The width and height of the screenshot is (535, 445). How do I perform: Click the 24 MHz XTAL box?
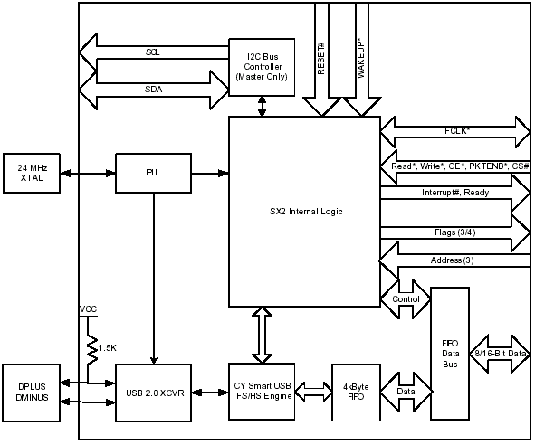click(32, 174)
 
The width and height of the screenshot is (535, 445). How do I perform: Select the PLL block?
click(153, 174)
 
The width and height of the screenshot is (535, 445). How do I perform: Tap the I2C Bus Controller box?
click(262, 67)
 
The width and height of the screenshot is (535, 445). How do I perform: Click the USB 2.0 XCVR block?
click(153, 393)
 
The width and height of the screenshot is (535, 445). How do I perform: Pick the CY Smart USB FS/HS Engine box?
click(262, 392)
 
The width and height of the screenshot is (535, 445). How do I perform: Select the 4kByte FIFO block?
click(356, 393)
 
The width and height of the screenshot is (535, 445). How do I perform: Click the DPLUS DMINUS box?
click(32, 393)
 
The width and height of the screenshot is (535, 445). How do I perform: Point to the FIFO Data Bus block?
click(450, 354)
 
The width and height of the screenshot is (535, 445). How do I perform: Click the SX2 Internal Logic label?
click(306, 212)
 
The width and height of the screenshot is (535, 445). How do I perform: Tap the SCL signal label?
click(152, 52)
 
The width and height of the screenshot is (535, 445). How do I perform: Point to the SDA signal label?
click(153, 90)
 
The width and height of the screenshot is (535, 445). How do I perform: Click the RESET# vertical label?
click(321, 58)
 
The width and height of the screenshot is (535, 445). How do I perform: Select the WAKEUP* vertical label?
click(361, 60)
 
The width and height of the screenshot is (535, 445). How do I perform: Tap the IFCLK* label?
click(456, 130)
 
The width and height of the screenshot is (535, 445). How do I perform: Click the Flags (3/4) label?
click(454, 232)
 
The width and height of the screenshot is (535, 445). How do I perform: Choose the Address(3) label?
click(452, 260)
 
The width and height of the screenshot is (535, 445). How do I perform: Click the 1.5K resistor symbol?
click(92, 348)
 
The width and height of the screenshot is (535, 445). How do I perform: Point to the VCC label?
click(88, 309)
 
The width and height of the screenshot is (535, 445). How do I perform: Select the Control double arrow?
click(406, 299)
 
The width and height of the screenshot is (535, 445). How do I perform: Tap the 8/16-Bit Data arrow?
click(500, 354)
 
